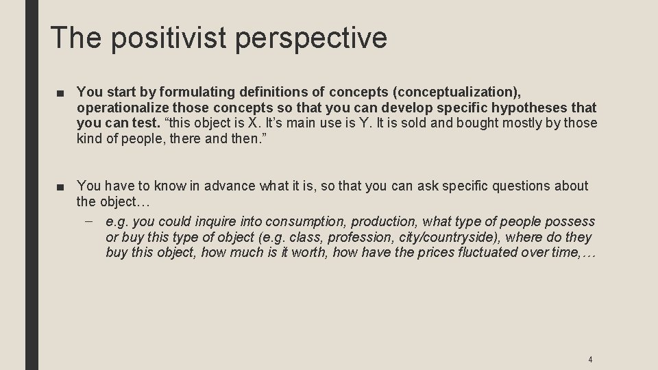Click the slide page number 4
590,359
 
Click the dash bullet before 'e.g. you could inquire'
90,221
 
